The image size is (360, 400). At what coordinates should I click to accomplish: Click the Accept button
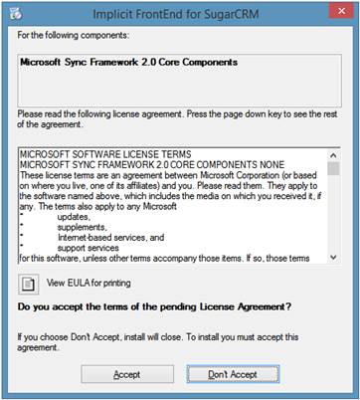126,374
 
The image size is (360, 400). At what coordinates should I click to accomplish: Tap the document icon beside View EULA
28,285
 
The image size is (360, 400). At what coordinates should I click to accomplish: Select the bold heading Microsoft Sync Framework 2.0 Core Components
129,62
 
